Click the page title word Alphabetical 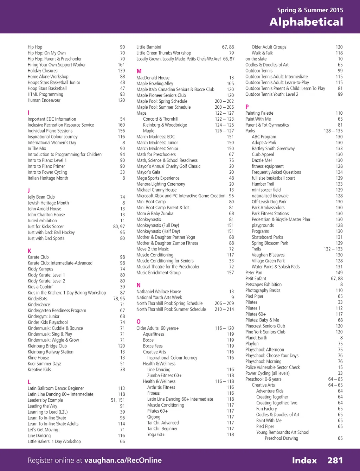coord(306,22)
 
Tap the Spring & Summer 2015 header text coord(310,10)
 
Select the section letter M coord(139,71)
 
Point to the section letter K coord(30,251)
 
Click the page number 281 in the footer coord(335,460)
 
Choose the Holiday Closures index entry coord(43,71)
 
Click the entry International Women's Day coord(52,143)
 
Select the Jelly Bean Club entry coord(41,197)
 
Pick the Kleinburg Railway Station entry coord(51,352)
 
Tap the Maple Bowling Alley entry coord(155,84)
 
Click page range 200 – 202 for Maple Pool coord(224,101)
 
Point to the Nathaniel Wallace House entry coord(159,292)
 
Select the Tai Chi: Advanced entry coord(163,423)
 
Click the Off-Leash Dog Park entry coord(269,202)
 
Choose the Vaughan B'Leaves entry coord(268,255)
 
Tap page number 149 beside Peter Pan coord(339,273)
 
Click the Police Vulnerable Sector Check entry coord(272,367)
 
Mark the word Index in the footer coord(304,460)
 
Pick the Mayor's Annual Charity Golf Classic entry coord(168,166)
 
